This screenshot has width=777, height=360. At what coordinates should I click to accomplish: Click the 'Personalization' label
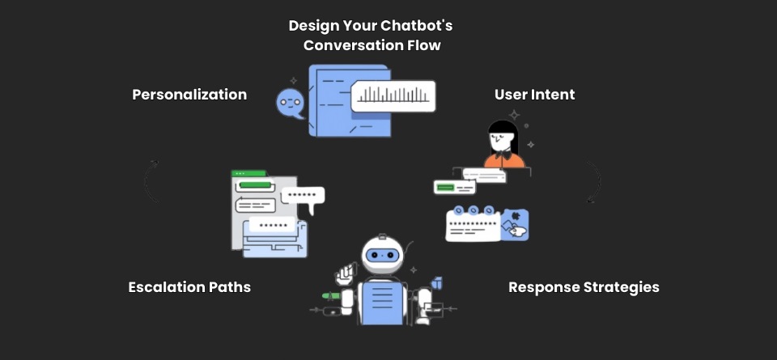pos(189,95)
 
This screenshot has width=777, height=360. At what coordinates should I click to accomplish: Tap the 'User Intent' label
pos(534,95)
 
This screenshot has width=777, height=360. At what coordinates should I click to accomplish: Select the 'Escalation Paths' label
pos(189,287)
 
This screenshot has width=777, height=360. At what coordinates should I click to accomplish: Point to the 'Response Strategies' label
pos(584,287)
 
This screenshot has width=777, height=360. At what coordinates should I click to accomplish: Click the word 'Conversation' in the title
pos(348,45)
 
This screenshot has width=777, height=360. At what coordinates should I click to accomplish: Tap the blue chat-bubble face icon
pos(289,103)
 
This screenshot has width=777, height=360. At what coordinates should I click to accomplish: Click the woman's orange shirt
pos(504,159)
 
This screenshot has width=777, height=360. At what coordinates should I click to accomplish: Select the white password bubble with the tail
pos(303,196)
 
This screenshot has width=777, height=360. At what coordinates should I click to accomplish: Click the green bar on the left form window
pos(253,185)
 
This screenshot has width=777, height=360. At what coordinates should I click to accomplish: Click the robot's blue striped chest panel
pos(382,303)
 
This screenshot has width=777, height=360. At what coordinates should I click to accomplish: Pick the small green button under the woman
pos(445,188)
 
